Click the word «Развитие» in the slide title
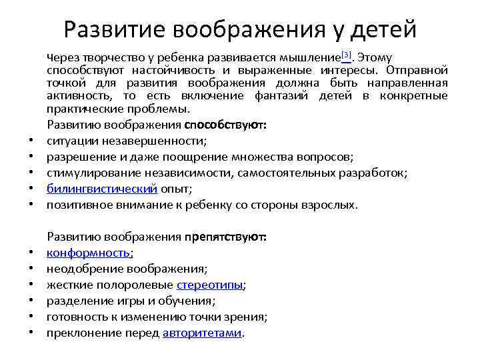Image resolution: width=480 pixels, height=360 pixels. pyautogui.click(x=114, y=29)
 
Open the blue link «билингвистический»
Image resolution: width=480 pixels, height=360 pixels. pyautogui.click(x=102, y=189)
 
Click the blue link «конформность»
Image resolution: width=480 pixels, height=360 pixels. pyautogui.click(x=89, y=253)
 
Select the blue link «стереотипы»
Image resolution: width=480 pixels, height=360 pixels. pyautogui.click(x=210, y=285)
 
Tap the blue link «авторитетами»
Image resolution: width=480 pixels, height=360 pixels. pyautogui.click(x=202, y=333)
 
